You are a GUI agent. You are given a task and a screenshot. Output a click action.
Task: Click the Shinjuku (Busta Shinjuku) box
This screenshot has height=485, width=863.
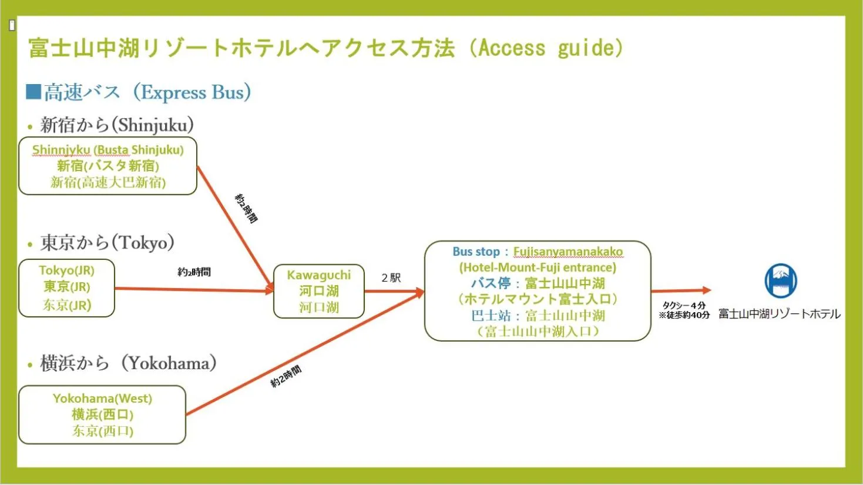point(108,166)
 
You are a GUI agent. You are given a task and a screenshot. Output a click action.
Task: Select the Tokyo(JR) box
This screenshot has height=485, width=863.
point(66,287)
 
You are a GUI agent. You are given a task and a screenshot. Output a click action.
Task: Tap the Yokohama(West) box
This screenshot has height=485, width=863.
point(102,414)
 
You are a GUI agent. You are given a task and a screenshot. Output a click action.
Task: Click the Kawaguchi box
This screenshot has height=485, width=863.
point(318,291)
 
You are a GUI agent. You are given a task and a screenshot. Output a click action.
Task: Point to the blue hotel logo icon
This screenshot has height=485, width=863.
point(781,281)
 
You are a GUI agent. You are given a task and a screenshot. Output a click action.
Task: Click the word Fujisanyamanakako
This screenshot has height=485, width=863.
point(568,252)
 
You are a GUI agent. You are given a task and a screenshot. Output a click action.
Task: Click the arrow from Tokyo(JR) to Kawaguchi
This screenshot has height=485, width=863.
point(194,289)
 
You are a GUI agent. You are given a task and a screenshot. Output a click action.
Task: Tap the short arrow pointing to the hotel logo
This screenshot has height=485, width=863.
point(681,290)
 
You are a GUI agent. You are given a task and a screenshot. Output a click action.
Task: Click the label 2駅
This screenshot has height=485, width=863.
point(391,277)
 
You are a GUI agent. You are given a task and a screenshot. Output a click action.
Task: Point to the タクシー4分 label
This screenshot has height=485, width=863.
point(684,305)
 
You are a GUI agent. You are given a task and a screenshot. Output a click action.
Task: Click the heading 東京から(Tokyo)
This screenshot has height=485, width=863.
point(107,242)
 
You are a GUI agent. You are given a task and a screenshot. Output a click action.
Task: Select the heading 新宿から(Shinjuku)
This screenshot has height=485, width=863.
point(116,125)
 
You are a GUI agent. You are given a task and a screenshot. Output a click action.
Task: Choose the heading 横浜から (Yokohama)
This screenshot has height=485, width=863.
point(128,363)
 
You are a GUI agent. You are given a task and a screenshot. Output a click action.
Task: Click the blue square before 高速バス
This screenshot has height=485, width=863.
point(33,92)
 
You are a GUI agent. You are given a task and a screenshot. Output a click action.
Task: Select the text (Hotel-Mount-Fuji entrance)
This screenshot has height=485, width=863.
point(538,267)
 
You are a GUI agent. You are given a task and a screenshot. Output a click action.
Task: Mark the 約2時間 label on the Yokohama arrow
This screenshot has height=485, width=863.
point(286,375)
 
